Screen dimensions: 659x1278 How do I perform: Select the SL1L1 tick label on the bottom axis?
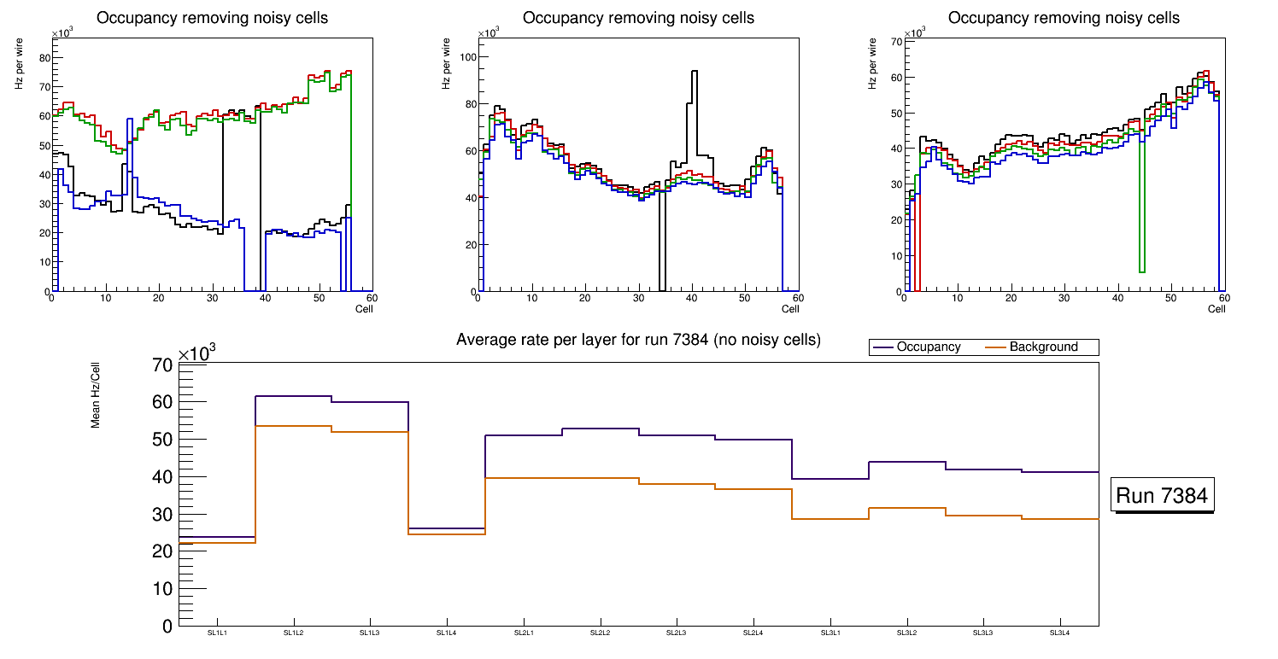coord(218,633)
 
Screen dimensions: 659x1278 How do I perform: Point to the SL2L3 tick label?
coord(677,633)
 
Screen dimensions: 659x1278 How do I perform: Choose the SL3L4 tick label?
coord(1060,633)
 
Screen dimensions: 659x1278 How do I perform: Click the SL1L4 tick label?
coord(447,633)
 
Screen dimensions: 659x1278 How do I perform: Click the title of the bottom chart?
coord(638,340)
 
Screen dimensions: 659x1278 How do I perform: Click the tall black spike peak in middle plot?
coord(695,73)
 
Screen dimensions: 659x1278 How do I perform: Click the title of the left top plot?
coord(212,18)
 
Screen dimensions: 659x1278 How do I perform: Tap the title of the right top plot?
coord(1064,18)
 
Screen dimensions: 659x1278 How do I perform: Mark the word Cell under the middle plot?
coord(789,309)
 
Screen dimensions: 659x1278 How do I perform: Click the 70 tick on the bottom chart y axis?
coord(163,364)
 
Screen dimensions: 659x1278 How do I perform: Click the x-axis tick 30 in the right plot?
coord(1064,299)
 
